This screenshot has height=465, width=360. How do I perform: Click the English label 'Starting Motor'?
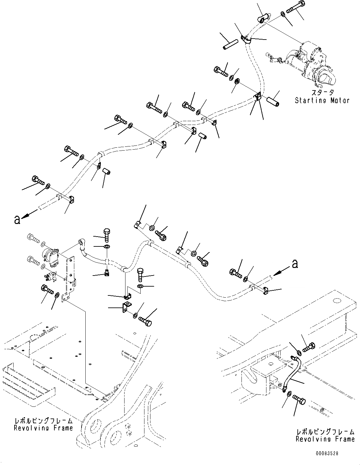coord(322,101)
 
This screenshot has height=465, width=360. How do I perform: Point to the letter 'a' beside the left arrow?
coord(17,220)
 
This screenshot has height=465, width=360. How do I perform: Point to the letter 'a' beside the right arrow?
coord(295,263)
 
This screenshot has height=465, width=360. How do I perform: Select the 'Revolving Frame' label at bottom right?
coord(325,439)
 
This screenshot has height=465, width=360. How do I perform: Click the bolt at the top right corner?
coord(296,7)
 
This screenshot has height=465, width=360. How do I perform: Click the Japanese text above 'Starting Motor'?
coord(322,92)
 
